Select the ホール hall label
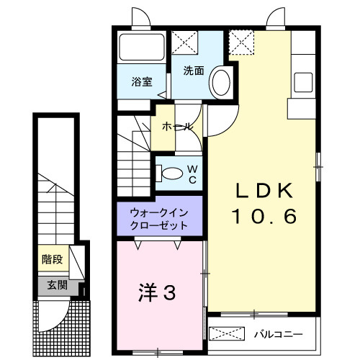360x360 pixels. pyautogui.click(x=177, y=127)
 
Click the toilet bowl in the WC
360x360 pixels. pyautogui.click(x=171, y=174)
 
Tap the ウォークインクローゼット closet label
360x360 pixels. pyautogui.click(x=160, y=219)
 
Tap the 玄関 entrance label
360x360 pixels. pyautogui.click(x=57, y=286)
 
